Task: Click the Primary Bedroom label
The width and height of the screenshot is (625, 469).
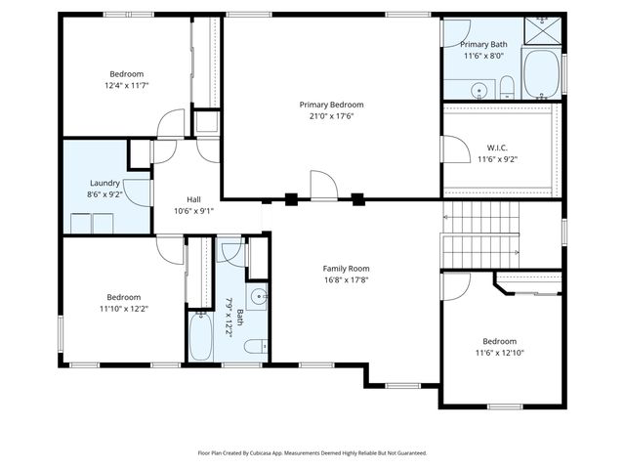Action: coord(331,105)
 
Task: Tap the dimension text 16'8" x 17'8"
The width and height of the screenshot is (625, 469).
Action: coord(346,279)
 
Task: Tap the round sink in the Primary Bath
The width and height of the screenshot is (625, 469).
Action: coord(479,92)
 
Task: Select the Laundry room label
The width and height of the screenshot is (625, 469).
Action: coord(104,183)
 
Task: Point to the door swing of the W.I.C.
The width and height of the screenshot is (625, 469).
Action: coord(454,149)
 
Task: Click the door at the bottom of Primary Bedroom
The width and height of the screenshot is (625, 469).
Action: coord(323,186)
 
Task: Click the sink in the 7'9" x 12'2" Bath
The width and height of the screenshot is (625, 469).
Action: coord(259,296)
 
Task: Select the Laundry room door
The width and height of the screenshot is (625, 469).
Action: coord(140,190)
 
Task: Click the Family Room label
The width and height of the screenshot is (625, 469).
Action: coord(346,269)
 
